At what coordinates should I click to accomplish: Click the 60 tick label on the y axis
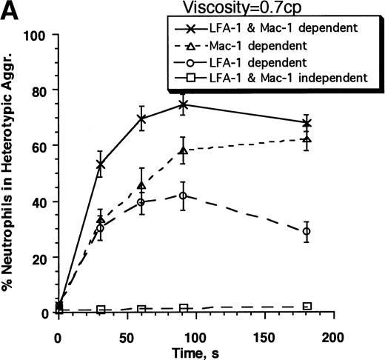click(x=39, y=146)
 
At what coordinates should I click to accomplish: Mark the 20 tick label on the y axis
click(x=39, y=257)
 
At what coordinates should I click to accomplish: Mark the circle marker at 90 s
click(x=184, y=196)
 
